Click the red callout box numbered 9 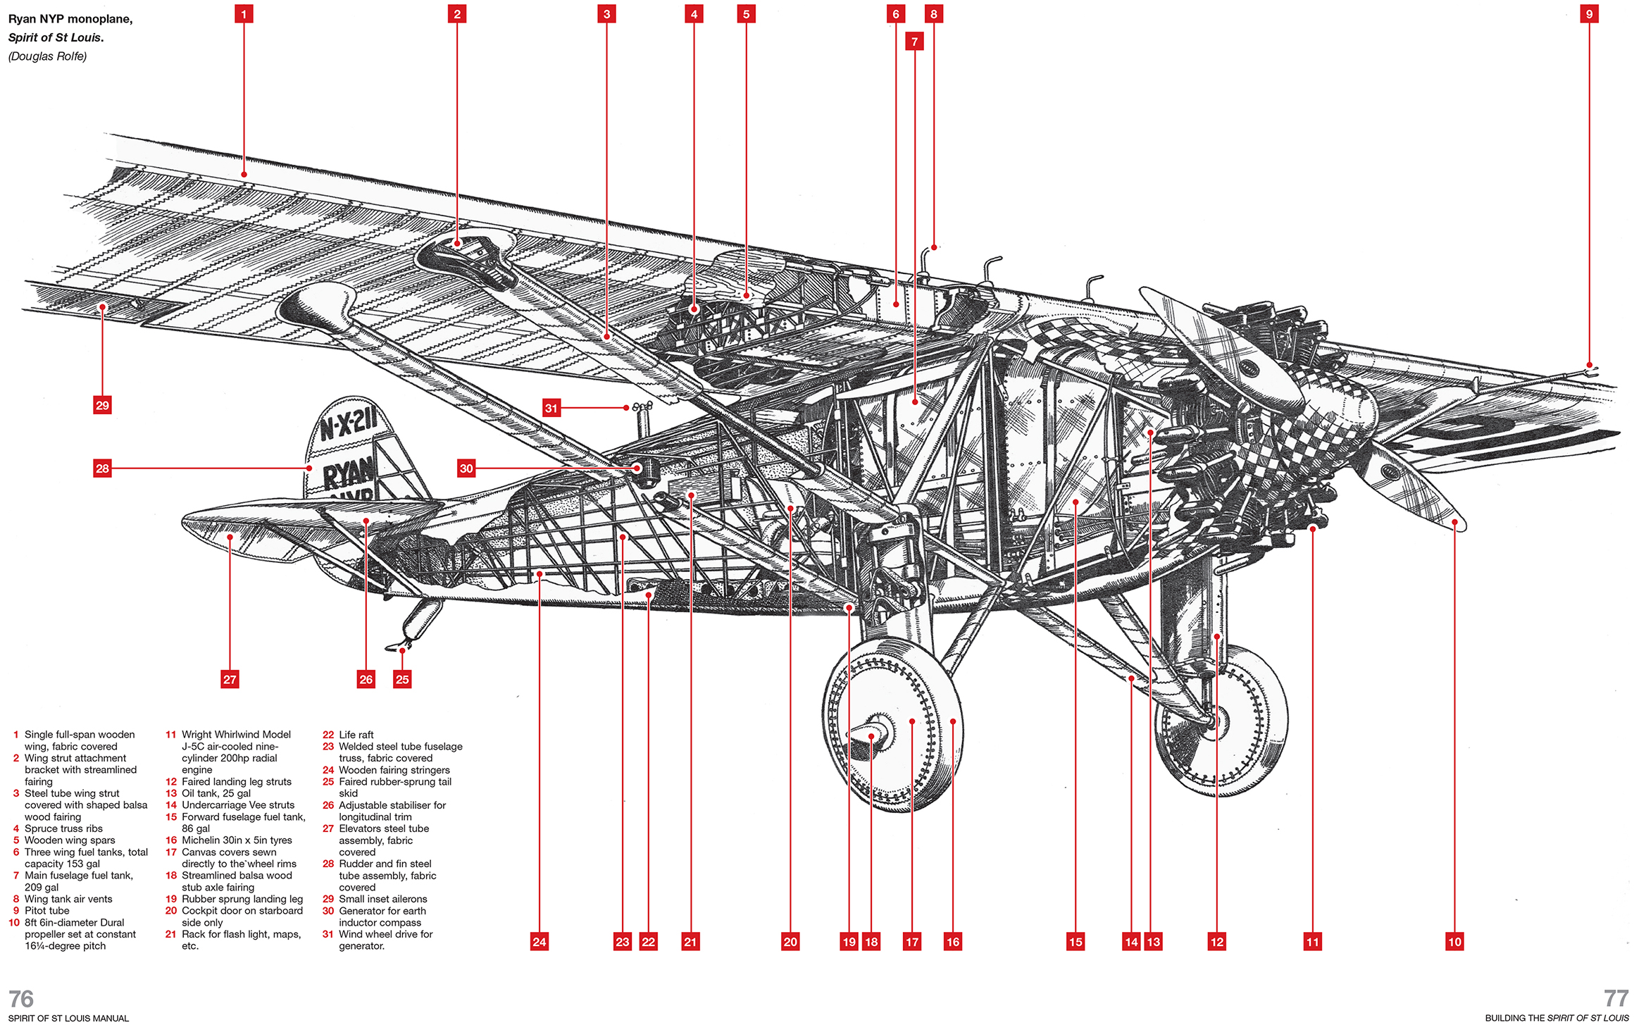[1589, 14]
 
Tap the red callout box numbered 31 [551, 408]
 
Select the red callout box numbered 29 [102, 405]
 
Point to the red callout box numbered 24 [540, 942]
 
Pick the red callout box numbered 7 [914, 42]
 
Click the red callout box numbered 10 [1454, 942]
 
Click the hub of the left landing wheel [872, 735]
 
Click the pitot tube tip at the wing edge [1591, 367]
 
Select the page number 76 [21, 998]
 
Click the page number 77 [1616, 998]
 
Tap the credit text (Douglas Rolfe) [47, 56]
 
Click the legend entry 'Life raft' [356, 735]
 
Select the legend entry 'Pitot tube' [47, 911]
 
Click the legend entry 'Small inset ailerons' [383, 899]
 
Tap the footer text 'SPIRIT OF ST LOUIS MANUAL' [69, 1018]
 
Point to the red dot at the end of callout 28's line [309, 468]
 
